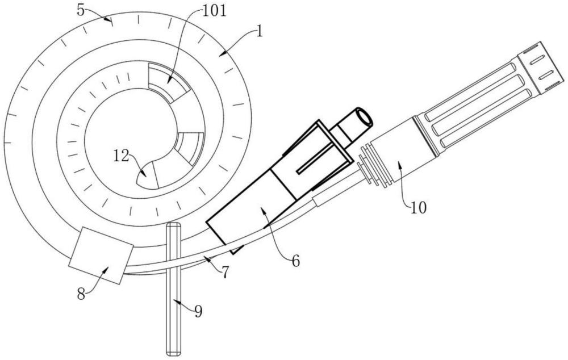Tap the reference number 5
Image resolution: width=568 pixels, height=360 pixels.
[81, 10]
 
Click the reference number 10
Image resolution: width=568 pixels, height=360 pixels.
[419, 208]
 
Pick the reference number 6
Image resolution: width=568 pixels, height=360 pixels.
[296, 261]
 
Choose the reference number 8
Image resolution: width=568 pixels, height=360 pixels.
[81, 294]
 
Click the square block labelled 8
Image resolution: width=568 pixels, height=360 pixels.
[101, 255]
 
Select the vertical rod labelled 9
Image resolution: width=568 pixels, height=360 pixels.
[173, 289]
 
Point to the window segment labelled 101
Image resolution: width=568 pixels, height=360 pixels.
[169, 82]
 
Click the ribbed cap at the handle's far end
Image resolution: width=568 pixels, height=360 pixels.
[541, 68]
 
